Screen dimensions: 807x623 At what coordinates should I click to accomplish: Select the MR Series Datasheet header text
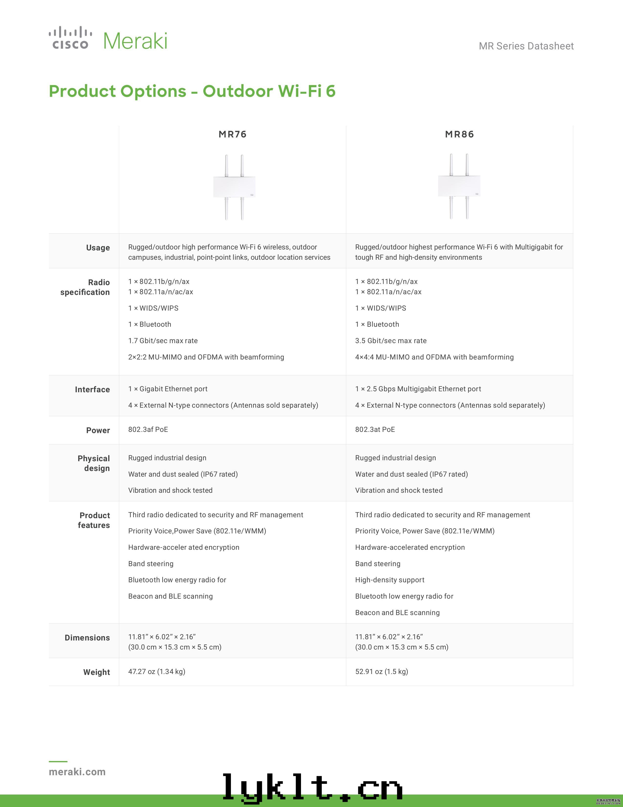526,46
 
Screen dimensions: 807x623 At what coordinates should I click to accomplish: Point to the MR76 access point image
234,187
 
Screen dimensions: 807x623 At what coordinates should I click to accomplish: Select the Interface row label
92,390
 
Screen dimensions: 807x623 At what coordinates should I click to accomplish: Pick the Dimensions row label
87,638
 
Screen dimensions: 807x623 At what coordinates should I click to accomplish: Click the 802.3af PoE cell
148,429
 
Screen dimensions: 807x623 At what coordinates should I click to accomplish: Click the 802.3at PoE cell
375,429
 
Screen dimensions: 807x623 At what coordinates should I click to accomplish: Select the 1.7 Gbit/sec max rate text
163,341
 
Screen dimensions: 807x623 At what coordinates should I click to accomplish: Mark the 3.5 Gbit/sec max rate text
391,341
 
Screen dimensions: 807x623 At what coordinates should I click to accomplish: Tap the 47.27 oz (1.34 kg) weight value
157,671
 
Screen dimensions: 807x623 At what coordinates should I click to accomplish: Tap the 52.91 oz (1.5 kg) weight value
382,671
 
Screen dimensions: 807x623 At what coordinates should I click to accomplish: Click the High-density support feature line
390,580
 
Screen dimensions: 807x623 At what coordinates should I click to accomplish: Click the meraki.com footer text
77,772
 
